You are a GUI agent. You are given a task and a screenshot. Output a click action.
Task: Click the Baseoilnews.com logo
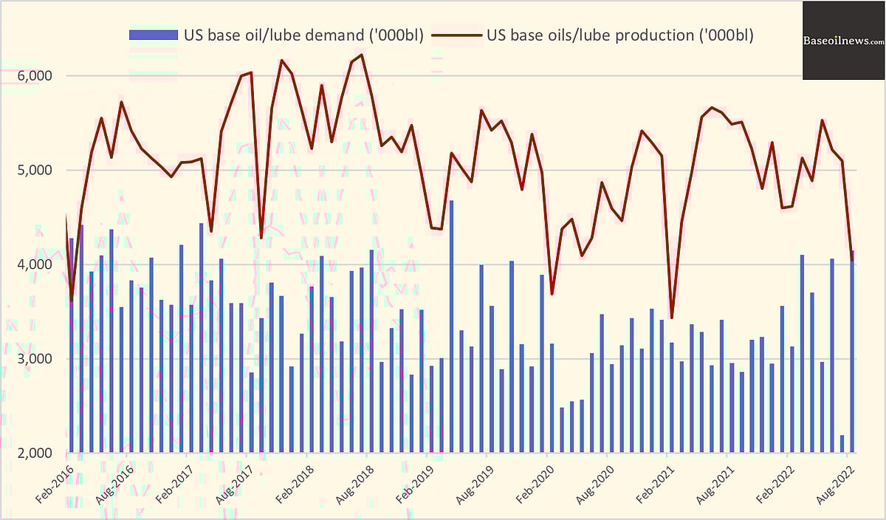[844, 41]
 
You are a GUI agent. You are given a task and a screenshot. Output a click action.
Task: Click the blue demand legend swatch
[154, 35]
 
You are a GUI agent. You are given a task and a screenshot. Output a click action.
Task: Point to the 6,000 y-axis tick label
[33, 76]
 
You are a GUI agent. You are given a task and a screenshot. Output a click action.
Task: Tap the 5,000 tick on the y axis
[33, 171]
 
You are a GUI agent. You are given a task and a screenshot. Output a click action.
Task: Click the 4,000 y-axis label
[33, 264]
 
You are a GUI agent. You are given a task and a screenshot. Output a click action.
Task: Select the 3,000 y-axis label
[33, 359]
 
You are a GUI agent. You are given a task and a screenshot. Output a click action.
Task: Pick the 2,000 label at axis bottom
[33, 453]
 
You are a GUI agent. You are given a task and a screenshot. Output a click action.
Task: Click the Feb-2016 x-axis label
[55, 483]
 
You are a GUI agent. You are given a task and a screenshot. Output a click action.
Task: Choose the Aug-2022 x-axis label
[836, 483]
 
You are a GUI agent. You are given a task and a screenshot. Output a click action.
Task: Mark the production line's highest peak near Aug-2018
[361, 55]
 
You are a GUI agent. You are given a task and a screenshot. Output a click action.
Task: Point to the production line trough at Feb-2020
[552, 294]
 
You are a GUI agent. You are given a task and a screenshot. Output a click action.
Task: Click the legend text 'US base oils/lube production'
[619, 35]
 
